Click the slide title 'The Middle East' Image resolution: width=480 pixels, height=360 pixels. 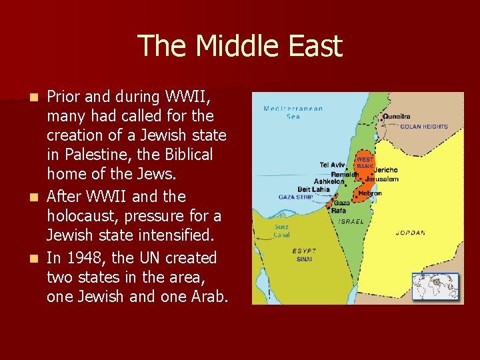[x=240, y=46]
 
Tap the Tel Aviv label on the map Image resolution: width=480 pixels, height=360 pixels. [x=333, y=165]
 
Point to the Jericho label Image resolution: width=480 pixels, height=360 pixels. [x=386, y=171]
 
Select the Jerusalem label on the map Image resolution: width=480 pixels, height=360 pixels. [x=382, y=179]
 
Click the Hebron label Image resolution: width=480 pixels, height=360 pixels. [x=369, y=193]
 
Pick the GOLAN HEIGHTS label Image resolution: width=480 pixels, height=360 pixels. [x=424, y=127]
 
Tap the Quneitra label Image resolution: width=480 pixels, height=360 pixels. [x=397, y=116]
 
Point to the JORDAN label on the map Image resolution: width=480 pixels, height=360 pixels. [x=410, y=233]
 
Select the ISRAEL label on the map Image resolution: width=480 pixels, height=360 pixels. [x=351, y=221]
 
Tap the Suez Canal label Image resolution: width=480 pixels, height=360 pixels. [x=282, y=229]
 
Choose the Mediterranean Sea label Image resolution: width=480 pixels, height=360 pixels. [x=293, y=112]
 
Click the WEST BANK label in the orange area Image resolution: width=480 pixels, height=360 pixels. [x=365, y=163]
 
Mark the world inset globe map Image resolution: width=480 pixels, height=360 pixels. [x=436, y=287]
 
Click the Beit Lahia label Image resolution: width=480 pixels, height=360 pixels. [x=313, y=189]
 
